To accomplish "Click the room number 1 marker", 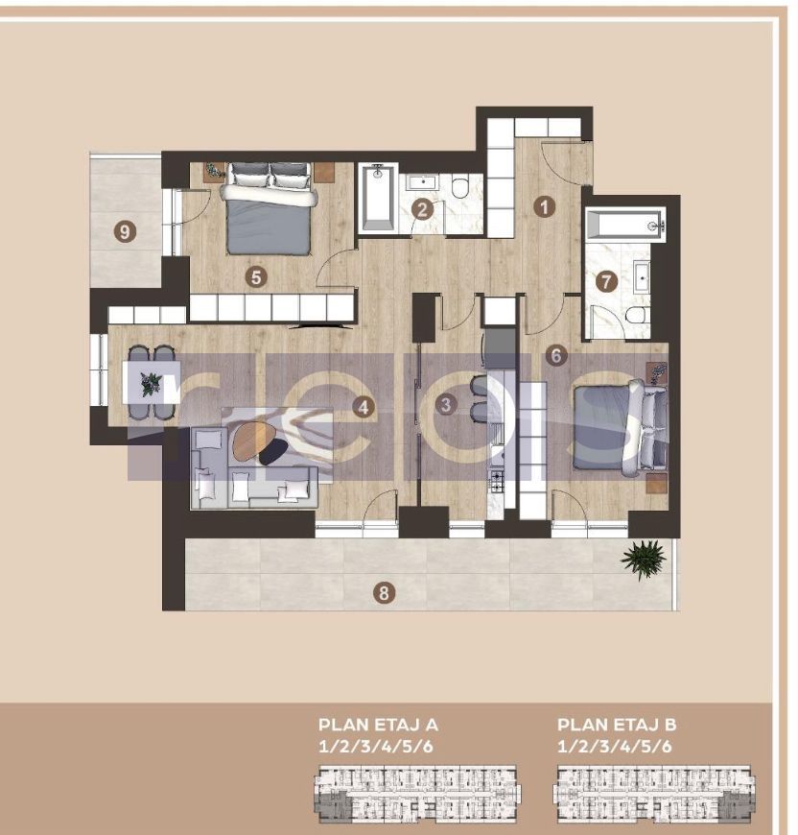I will (545, 205).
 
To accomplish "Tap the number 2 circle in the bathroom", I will (421, 208).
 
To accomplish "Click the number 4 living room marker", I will (362, 407).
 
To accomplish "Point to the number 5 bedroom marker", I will (254, 276).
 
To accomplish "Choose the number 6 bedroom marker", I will (557, 354).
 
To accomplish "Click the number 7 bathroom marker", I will (604, 282).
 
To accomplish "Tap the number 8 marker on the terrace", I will (384, 593).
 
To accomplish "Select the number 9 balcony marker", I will (123, 230).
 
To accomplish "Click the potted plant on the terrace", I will (643, 559).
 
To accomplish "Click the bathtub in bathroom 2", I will (377, 198).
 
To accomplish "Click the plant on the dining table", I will (151, 384).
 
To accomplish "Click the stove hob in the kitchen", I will (498, 480).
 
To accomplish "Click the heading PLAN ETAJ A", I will (378, 725).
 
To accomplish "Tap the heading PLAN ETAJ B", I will (617, 725).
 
